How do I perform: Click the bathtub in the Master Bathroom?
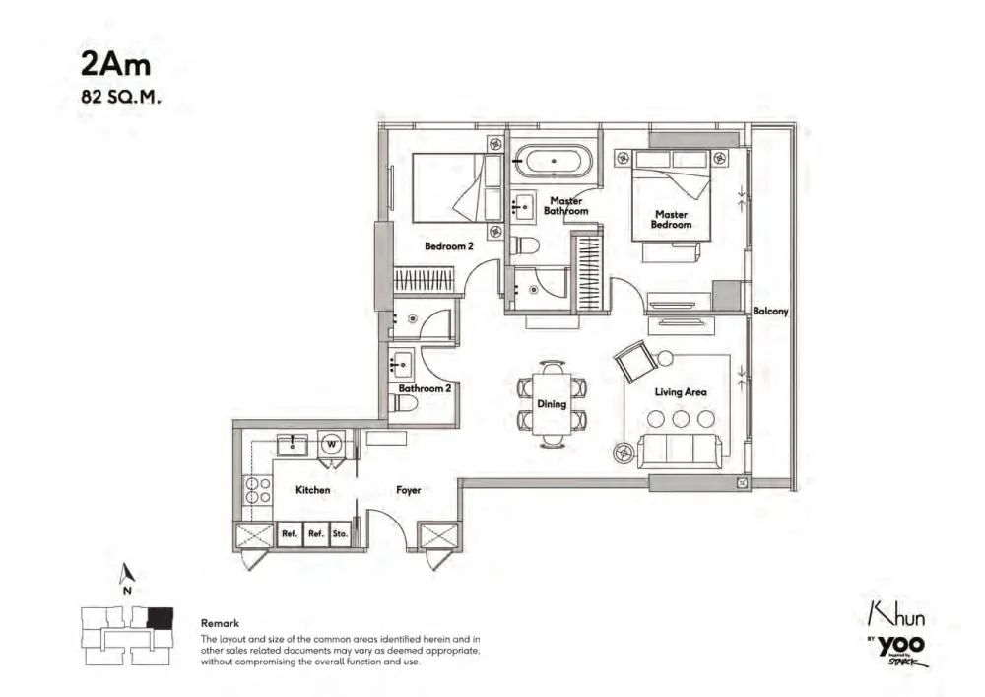click(553, 162)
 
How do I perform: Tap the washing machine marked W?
click(331, 445)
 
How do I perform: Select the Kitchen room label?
click(313, 490)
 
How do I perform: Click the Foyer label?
click(409, 490)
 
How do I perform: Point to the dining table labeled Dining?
click(553, 404)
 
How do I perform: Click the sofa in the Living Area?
click(677, 451)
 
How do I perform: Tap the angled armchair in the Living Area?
click(634, 361)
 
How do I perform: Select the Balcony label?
click(770, 312)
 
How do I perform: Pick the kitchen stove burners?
click(258, 490)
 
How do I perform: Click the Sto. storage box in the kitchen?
click(340, 533)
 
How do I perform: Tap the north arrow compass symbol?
click(127, 573)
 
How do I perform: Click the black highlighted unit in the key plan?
click(160, 618)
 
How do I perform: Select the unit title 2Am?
click(115, 64)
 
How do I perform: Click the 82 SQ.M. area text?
click(120, 97)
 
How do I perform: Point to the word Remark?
click(220, 623)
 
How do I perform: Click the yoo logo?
click(901, 645)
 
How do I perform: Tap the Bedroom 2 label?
click(448, 246)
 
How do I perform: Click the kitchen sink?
click(293, 445)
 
